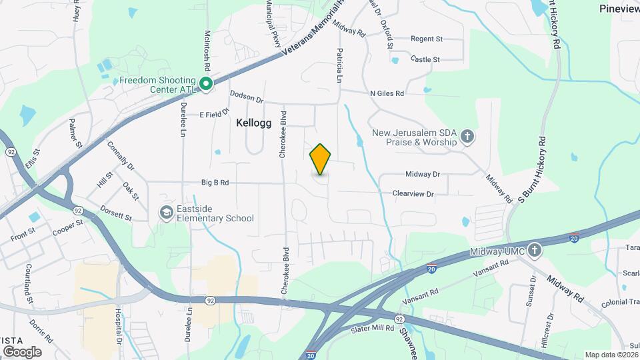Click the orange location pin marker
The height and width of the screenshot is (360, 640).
pyautogui.click(x=321, y=159)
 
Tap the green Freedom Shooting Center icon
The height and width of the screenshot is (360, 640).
pyautogui.click(x=207, y=83)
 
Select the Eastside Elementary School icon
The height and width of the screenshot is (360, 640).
pyautogui.click(x=165, y=213)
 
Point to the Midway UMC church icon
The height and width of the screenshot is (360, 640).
pyautogui.click(x=533, y=251)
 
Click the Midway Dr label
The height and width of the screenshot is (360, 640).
pyautogui.click(x=423, y=174)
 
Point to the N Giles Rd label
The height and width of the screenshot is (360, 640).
pyautogui.click(x=387, y=94)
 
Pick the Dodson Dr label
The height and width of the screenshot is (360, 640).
pyautogui.click(x=247, y=97)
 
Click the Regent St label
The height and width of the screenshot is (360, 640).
pyautogui.click(x=427, y=39)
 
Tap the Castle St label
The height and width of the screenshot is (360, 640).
pyautogui.click(x=425, y=59)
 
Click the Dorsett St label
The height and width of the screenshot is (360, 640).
pyautogui.click(x=116, y=217)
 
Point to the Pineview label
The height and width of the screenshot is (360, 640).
pyautogui.click(x=619, y=9)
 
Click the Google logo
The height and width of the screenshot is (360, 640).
pyautogui.click(x=22, y=351)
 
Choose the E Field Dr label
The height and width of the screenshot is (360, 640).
pyautogui.click(x=214, y=114)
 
